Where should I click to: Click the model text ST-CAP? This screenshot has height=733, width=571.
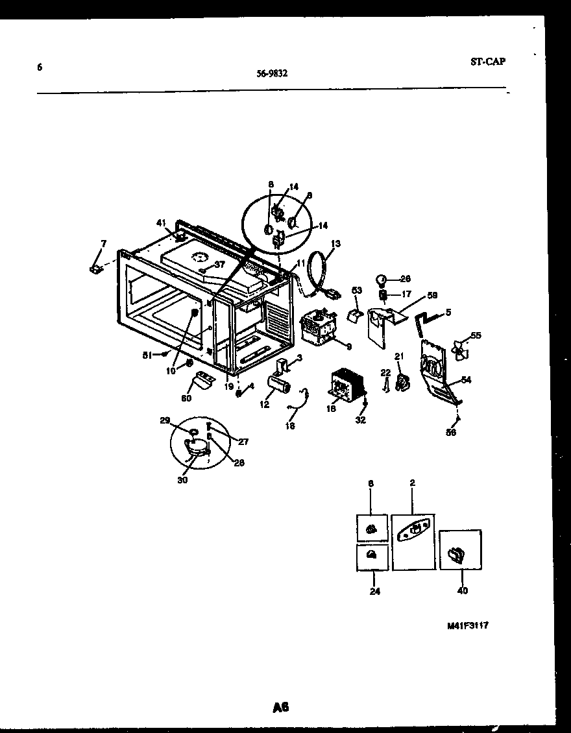point(487,62)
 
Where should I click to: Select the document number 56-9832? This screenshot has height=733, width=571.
point(273,73)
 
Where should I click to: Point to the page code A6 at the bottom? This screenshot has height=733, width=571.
point(280,708)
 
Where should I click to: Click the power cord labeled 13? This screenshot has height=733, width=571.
point(318,272)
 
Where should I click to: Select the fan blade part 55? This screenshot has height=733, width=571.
point(461,350)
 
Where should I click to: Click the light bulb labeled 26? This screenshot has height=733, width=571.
point(382,280)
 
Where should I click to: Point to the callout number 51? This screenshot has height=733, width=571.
point(147,355)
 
